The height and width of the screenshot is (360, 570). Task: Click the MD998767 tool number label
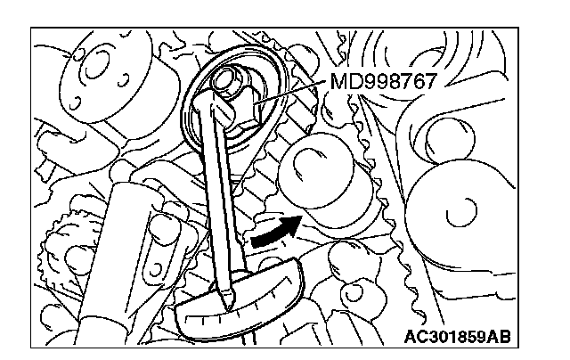tap(383, 81)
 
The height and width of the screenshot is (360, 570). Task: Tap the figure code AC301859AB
tap(457, 337)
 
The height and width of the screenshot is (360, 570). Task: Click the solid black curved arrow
tap(274, 232)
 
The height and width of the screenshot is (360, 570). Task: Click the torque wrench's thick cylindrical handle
tap(117, 262)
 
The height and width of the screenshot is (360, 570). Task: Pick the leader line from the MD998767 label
tap(291, 93)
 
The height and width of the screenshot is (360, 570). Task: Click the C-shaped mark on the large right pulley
tap(462, 213)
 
